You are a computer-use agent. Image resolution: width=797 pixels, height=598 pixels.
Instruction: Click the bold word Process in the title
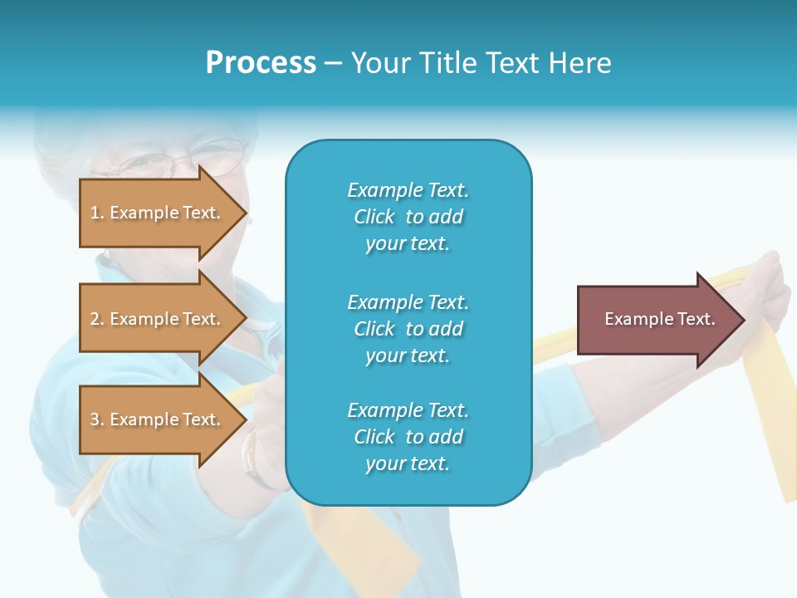(x=261, y=63)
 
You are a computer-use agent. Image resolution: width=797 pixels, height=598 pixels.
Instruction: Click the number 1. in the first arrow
(x=97, y=213)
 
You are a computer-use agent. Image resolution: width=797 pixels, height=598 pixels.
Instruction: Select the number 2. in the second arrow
(x=97, y=319)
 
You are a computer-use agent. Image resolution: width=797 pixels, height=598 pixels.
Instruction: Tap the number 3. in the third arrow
(x=97, y=419)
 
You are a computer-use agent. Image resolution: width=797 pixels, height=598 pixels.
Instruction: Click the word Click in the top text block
(x=374, y=217)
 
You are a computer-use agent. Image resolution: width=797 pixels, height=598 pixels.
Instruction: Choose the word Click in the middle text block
(x=374, y=329)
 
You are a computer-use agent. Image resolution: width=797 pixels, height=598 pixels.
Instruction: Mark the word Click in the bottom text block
(x=374, y=437)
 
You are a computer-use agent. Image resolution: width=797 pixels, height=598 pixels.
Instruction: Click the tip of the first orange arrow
(x=246, y=213)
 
